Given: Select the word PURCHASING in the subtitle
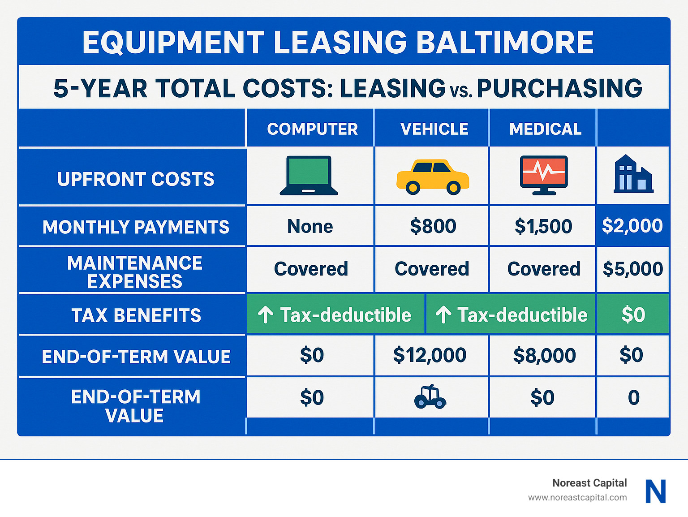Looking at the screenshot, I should click(x=559, y=88).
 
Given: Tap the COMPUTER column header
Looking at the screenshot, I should click(x=312, y=129).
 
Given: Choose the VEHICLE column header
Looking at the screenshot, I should click(x=434, y=129).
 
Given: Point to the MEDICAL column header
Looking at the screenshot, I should click(x=545, y=129).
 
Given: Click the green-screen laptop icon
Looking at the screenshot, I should click(x=309, y=176).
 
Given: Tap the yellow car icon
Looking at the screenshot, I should click(x=432, y=177).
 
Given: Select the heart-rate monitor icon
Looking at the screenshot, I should click(x=544, y=175).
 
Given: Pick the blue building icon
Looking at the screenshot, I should click(x=632, y=174).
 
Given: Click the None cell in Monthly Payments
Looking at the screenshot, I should click(x=310, y=226).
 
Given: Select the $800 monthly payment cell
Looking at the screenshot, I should click(x=433, y=226).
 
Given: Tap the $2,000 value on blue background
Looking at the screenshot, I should click(x=632, y=226).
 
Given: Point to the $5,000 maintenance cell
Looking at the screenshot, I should click(x=632, y=269).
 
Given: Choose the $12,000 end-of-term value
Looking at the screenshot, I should click(x=430, y=355).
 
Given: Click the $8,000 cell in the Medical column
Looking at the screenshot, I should click(x=544, y=355).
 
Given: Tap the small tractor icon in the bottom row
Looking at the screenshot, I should click(x=430, y=397).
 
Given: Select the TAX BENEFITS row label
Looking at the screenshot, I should click(x=136, y=315).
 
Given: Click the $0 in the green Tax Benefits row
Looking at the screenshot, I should click(x=633, y=315).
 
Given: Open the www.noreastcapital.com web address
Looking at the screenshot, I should click(x=577, y=497).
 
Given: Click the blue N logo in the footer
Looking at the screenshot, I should click(x=656, y=491).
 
